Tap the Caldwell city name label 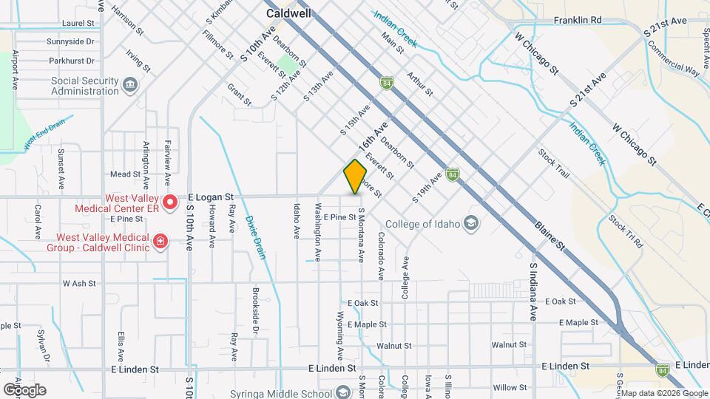click(x=288, y=13)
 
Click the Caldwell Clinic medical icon click(x=159, y=242)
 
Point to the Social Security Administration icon click(x=131, y=86)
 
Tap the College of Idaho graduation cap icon click(x=470, y=224)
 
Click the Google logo click(x=24, y=390)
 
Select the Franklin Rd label click(x=578, y=21)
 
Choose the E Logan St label click(x=211, y=197)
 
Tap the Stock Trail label click(x=554, y=165)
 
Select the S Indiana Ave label click(x=532, y=290)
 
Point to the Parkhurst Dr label click(x=70, y=61)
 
